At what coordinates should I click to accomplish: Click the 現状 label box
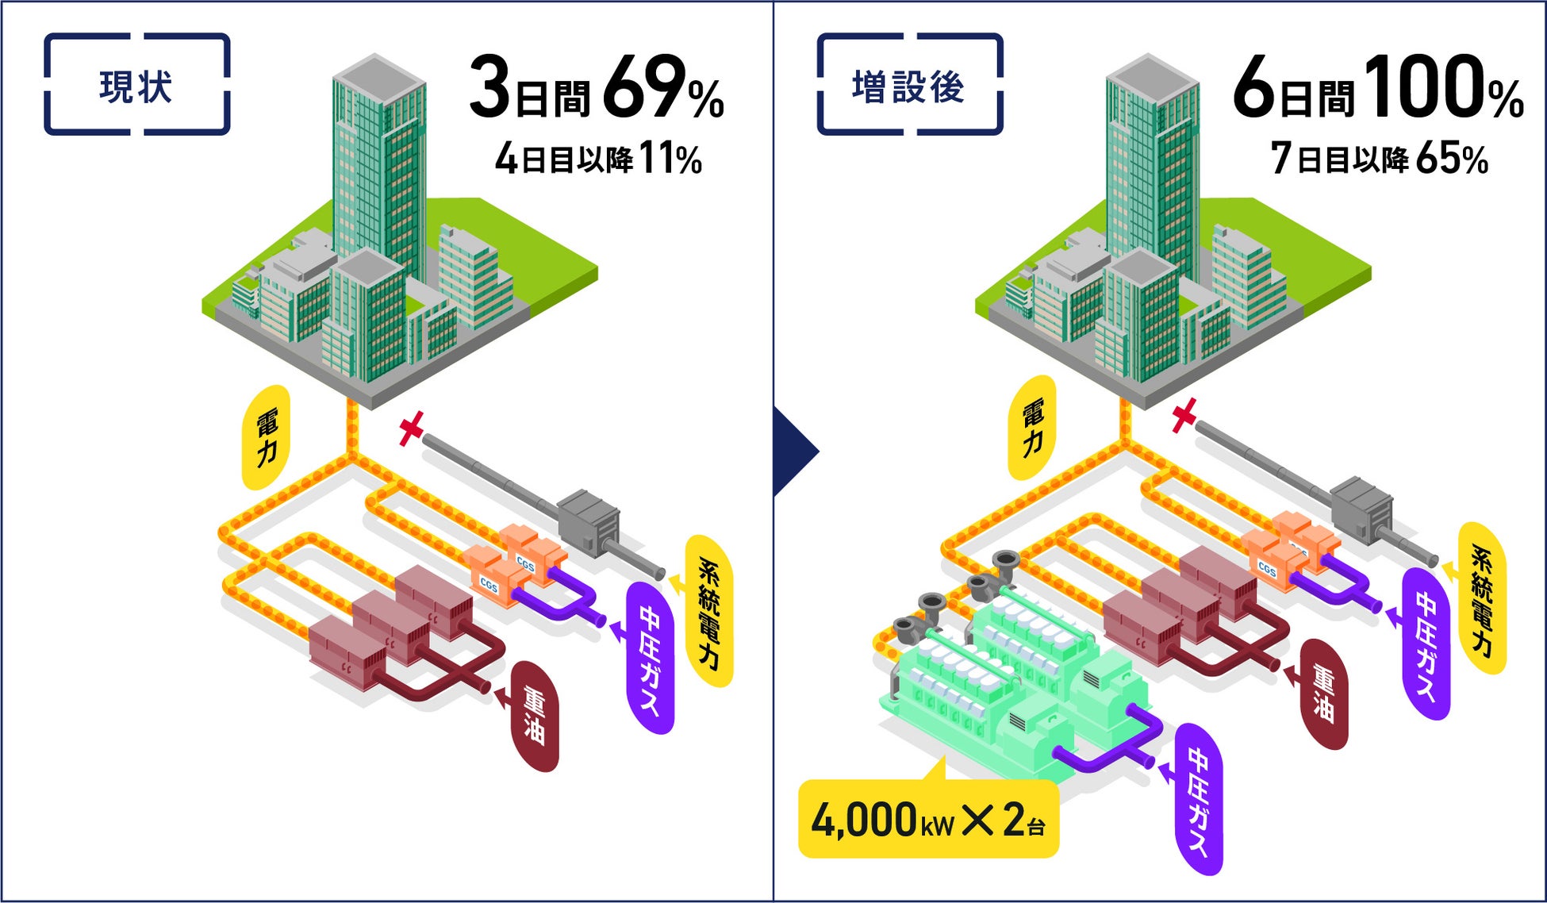click(136, 85)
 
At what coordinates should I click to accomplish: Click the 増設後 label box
click(909, 85)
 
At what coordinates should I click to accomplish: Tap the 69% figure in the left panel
click(663, 87)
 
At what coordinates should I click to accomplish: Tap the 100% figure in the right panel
click(1444, 87)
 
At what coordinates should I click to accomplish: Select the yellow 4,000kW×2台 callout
click(928, 820)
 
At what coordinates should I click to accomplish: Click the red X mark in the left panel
click(411, 428)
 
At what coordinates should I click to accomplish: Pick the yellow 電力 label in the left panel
click(267, 437)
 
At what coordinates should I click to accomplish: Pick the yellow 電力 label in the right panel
click(1032, 427)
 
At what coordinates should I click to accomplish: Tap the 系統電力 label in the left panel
click(708, 611)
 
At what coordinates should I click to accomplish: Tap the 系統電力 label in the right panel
click(1481, 599)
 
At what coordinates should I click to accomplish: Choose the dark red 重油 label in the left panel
click(534, 717)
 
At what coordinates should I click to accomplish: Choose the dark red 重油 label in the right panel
click(1322, 694)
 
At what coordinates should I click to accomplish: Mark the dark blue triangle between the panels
click(793, 451)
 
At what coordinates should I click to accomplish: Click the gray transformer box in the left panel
click(588, 520)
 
